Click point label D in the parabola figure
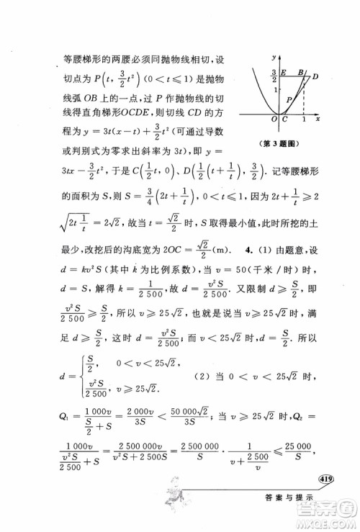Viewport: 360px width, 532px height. (315, 76)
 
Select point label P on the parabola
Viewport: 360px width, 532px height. (289, 99)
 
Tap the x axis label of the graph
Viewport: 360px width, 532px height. (318, 117)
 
